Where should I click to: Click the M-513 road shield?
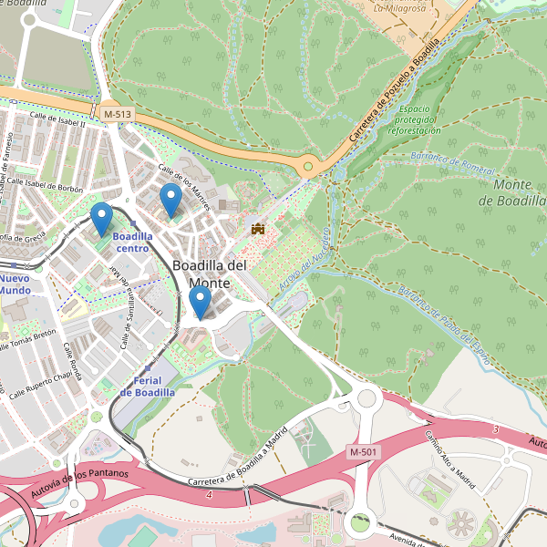coord(117,113)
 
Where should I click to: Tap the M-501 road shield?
coord(363,452)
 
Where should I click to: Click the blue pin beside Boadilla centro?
coord(102,220)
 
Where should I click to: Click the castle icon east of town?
coord(257,228)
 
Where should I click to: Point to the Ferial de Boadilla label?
coord(147,386)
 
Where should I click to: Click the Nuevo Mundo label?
coord(15,284)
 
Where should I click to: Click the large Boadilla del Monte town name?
coord(210,273)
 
